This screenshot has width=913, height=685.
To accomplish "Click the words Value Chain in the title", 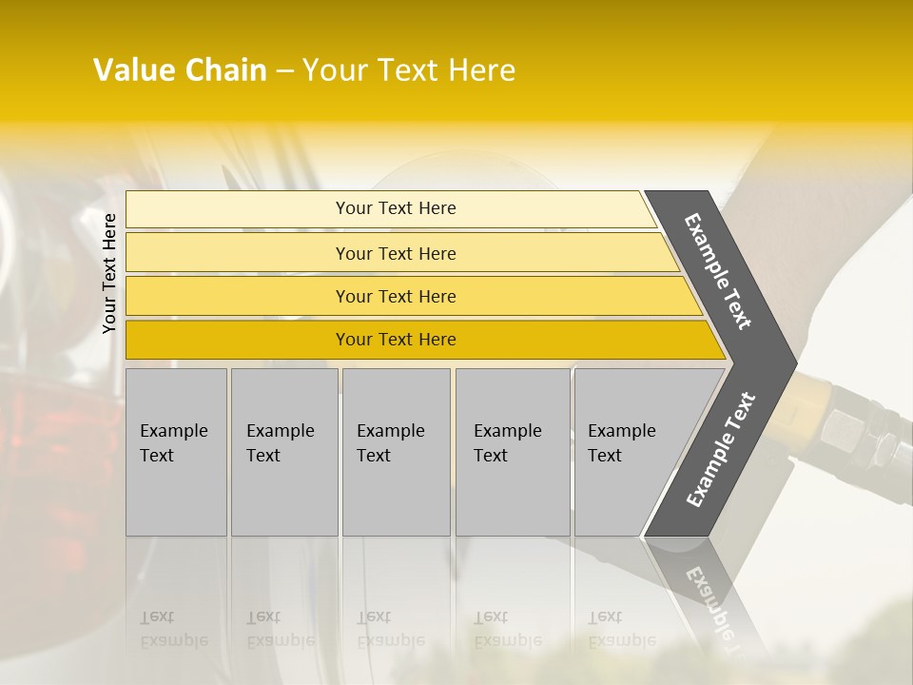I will pyautogui.click(x=180, y=70).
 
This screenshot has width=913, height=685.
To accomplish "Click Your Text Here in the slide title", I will pyautogui.click(x=409, y=70).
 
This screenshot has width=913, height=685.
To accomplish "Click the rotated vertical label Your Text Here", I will pyautogui.click(x=109, y=273).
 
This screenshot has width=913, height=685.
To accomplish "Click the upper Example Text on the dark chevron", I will pyautogui.click(x=718, y=271).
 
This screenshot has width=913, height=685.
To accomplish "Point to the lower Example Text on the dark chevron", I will pyautogui.click(x=721, y=450).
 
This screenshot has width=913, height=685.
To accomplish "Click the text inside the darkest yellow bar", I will pyautogui.click(x=396, y=340).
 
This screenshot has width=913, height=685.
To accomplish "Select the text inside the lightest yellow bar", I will pyautogui.click(x=396, y=208).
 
